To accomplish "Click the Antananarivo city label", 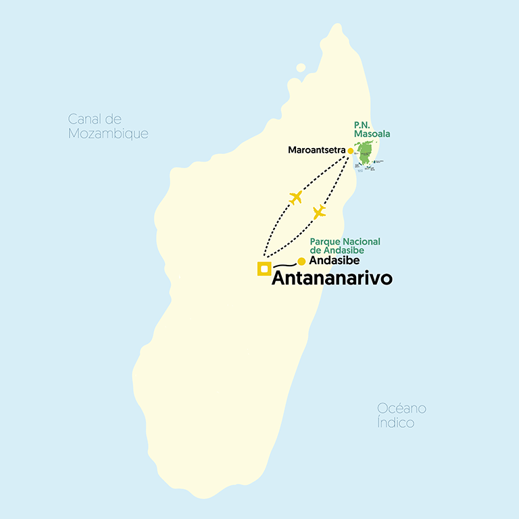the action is [332, 278].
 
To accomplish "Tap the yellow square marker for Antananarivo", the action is [264, 269].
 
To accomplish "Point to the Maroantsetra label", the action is [316, 149].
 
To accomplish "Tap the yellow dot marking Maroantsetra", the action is [350, 151].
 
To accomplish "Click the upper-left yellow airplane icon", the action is [295, 197].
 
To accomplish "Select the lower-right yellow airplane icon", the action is [319, 212].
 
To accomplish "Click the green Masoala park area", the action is [366, 153].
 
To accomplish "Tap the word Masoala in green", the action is [372, 134].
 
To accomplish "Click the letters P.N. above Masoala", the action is [363, 125].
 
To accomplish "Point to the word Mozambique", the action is [108, 134].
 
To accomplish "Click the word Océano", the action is [401, 409].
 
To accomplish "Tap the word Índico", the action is [396, 423].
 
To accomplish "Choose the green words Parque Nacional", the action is [345, 242].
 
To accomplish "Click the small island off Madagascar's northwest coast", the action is [301, 68].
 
